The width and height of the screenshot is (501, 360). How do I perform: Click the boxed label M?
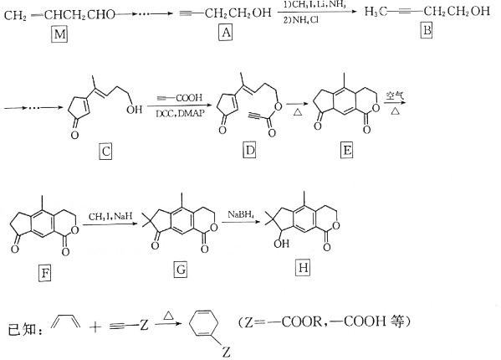59,34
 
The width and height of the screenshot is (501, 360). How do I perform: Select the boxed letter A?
226,33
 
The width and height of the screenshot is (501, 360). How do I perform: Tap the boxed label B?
427,31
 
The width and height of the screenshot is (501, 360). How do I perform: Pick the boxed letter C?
105,151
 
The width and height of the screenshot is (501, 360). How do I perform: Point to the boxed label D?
249,150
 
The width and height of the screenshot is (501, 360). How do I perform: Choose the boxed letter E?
346,150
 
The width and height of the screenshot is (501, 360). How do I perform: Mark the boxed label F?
44,274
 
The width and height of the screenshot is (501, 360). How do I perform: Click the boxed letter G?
181,270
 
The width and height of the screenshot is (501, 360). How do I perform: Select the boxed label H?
303,268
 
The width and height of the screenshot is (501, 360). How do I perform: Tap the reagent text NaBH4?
241,214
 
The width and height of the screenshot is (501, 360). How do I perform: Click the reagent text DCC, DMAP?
180,114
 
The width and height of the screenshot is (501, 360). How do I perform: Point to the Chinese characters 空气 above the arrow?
395,95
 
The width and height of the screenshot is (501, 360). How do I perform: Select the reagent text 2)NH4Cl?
300,20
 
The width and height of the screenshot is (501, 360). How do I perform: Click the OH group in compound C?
134,110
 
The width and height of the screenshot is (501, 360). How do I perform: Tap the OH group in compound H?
282,244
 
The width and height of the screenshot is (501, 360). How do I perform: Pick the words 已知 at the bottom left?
22,329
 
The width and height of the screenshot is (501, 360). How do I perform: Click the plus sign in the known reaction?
95,327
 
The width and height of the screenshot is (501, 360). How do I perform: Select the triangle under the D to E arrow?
298,112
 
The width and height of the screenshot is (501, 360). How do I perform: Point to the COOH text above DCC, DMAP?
189,98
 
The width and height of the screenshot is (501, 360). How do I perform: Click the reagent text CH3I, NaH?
110,217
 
